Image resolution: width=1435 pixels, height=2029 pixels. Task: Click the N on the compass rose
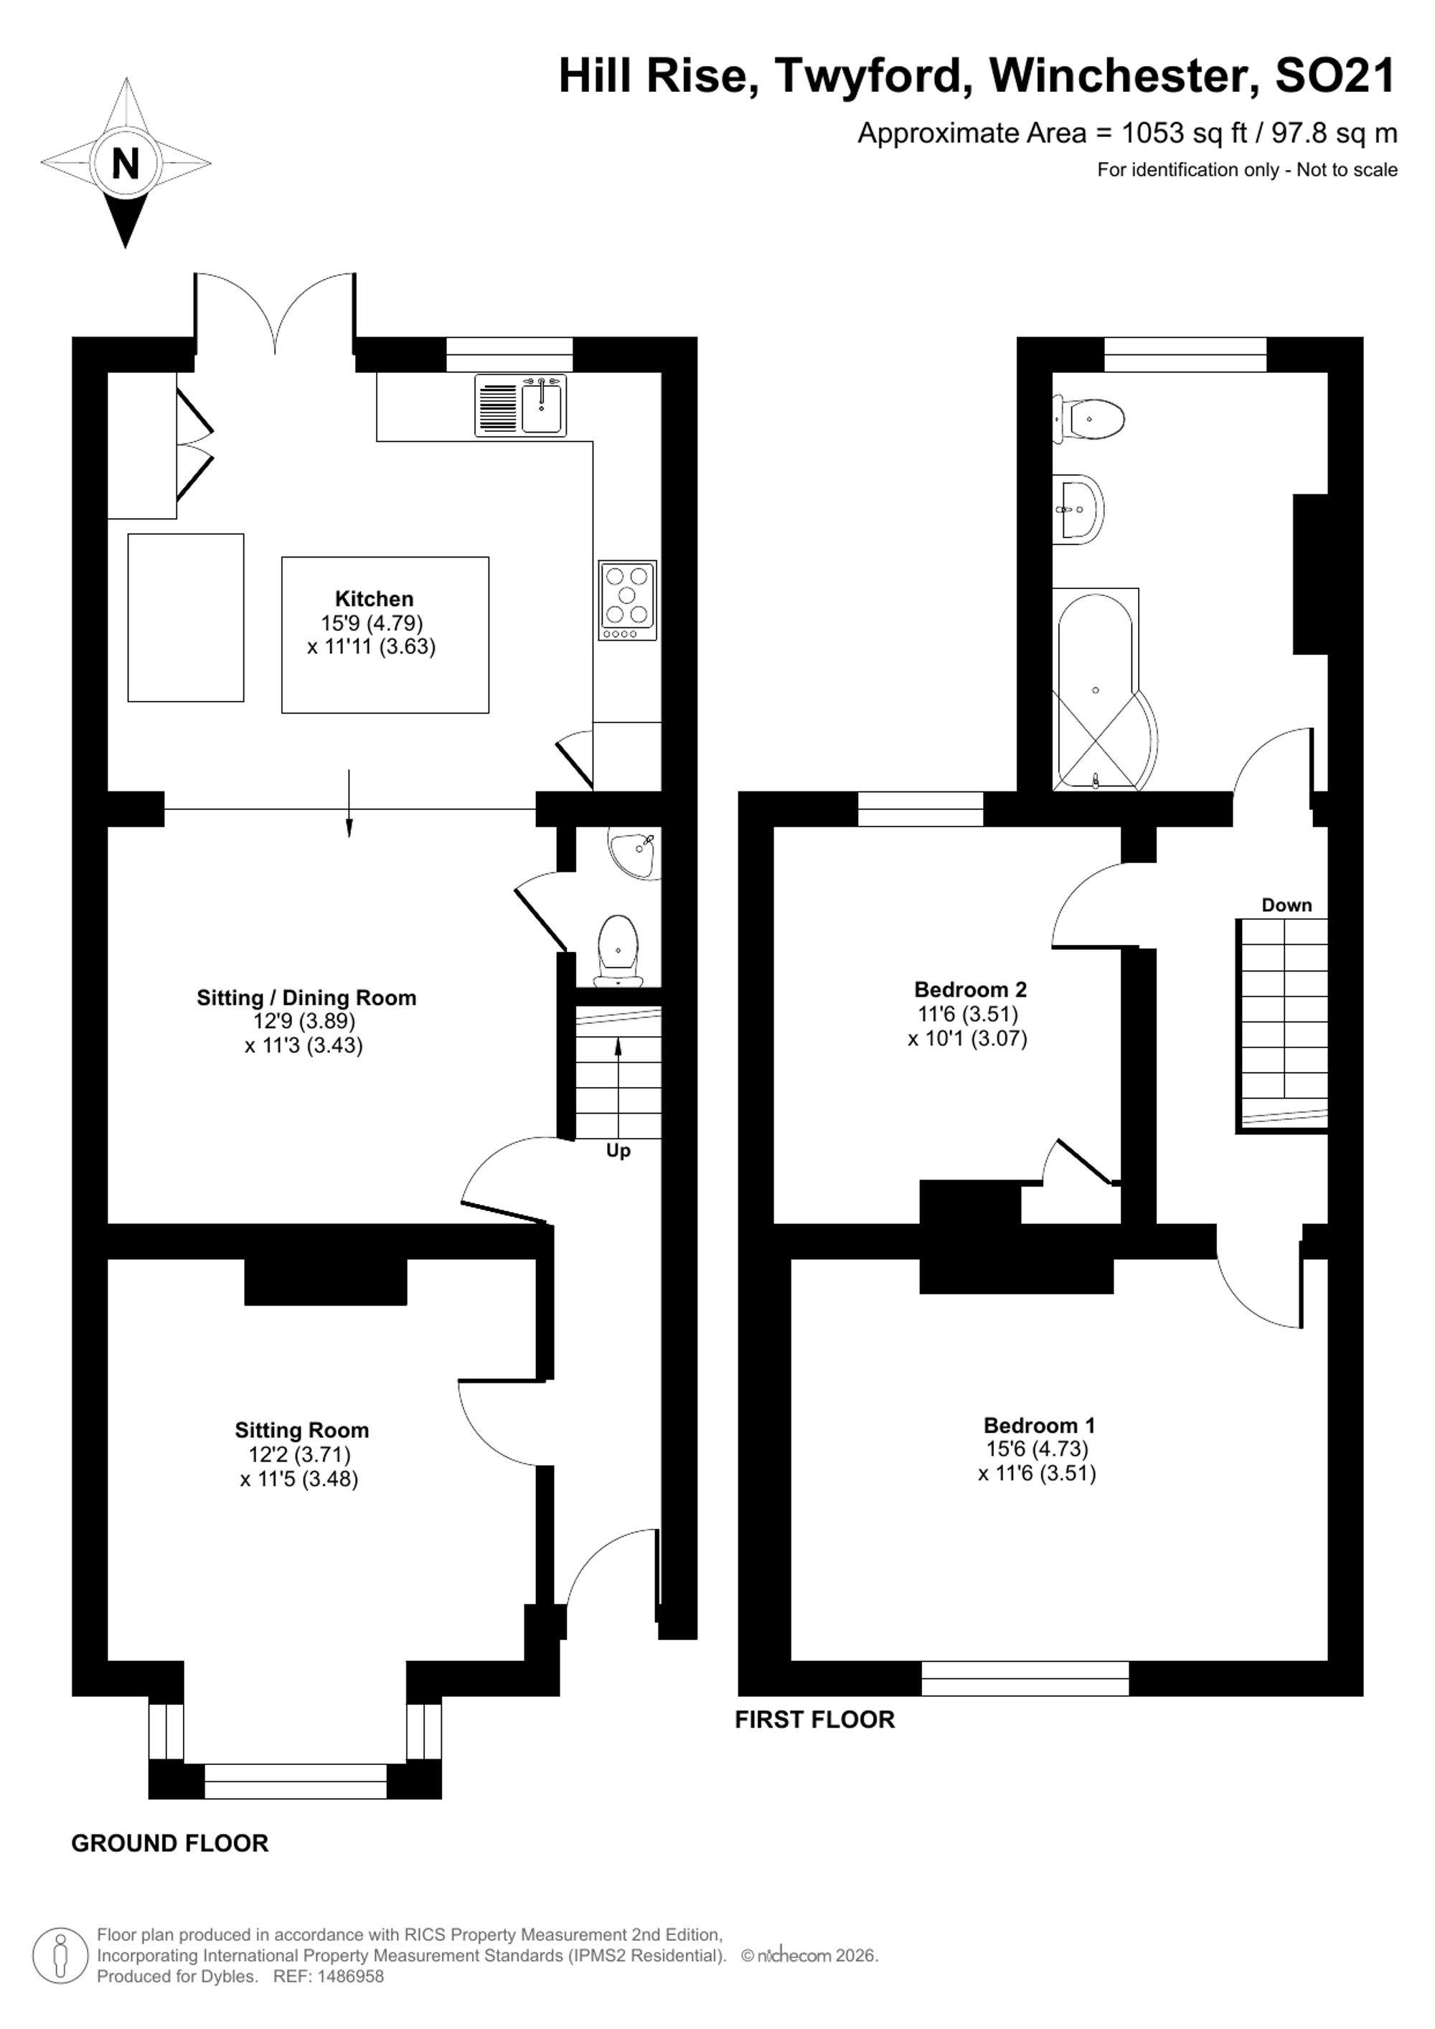coord(126,164)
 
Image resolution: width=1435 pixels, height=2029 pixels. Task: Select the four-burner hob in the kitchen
coord(627,600)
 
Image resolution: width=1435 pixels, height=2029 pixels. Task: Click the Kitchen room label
coord(374,598)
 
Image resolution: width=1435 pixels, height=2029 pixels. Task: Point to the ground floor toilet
coord(618,951)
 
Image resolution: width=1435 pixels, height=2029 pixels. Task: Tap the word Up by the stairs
coord(618,1151)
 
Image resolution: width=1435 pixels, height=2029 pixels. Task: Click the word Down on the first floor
coord(1286,905)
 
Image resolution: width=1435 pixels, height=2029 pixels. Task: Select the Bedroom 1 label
coord(1039,1426)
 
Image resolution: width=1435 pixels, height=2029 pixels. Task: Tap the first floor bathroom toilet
coord(1088,419)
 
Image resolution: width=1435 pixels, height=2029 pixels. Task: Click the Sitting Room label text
coord(301,1430)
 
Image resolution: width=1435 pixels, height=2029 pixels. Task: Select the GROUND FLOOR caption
coord(169,1843)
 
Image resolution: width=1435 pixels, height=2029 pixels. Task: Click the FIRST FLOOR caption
coord(814,1719)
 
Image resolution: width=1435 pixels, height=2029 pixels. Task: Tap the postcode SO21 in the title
coord(1335,76)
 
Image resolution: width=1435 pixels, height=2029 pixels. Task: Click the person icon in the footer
coord(60,1956)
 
